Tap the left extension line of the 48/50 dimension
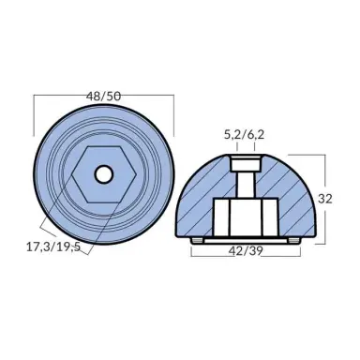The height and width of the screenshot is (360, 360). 35,127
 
